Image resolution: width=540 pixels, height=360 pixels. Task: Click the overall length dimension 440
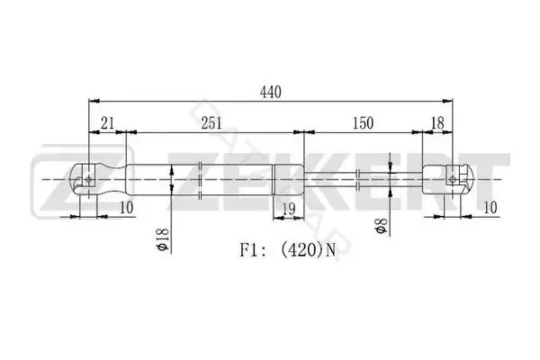(271, 92)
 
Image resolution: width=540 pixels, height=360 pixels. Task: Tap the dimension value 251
(211, 123)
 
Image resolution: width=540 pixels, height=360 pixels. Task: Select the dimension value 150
(363, 123)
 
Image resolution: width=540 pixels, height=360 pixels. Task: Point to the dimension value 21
(107, 123)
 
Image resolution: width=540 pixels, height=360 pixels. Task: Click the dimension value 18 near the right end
(437, 123)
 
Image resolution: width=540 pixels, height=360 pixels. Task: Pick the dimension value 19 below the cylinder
(289, 209)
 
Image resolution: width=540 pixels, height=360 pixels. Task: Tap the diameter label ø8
(382, 226)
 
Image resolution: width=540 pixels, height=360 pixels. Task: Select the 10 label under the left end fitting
(126, 207)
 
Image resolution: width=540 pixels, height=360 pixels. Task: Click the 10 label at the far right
(490, 207)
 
